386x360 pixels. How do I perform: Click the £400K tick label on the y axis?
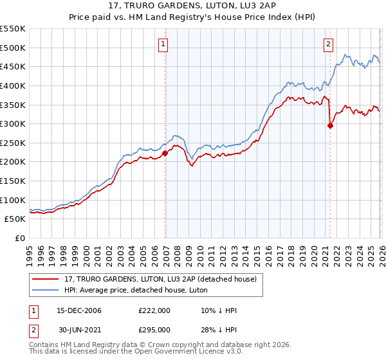click(13, 85)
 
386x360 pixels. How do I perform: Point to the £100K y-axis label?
click(13, 200)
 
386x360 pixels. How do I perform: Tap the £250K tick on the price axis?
click(13, 143)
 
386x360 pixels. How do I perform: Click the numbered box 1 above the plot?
click(164, 44)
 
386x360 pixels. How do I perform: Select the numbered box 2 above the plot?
click(329, 44)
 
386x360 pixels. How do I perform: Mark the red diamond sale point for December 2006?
click(165, 153)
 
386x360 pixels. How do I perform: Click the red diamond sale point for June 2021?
click(330, 125)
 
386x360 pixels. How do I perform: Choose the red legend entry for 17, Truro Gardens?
click(160, 278)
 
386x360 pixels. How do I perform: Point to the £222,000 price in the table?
click(154, 310)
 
